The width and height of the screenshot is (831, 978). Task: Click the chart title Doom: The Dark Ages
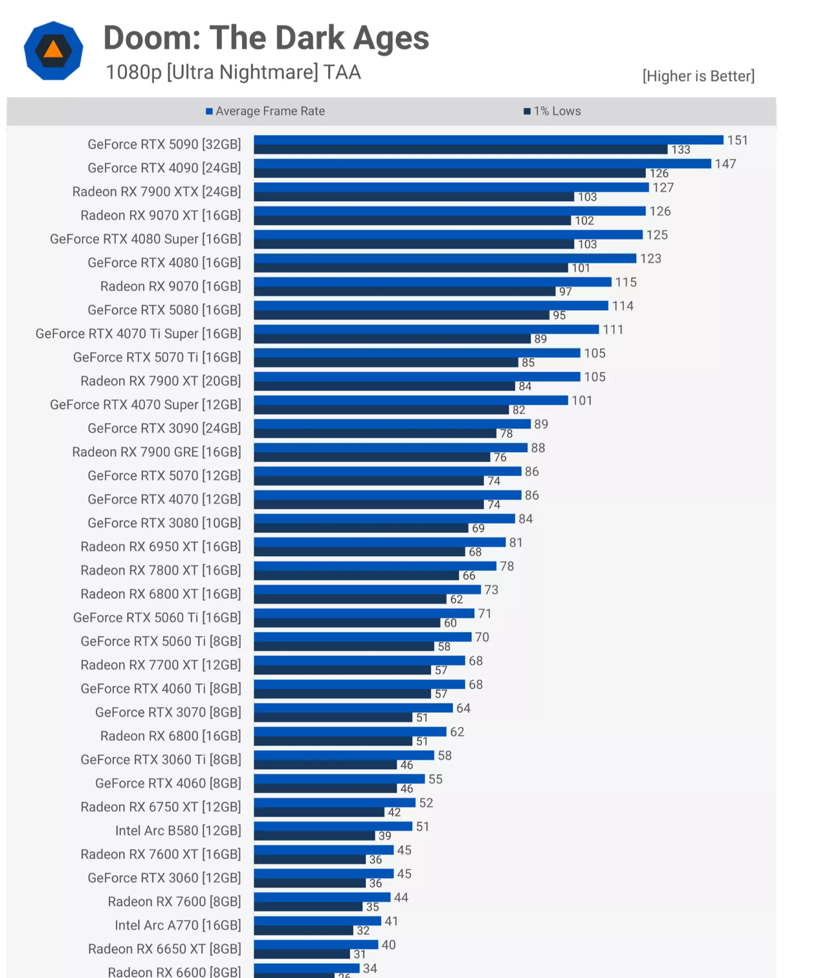point(266,38)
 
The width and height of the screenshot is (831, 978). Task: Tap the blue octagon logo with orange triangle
point(54,50)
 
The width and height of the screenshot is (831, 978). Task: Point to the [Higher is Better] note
point(698,76)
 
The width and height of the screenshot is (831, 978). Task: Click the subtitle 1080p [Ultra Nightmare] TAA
point(233,72)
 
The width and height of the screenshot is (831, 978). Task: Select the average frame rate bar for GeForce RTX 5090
point(488,140)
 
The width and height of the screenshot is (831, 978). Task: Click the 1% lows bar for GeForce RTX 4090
point(450,173)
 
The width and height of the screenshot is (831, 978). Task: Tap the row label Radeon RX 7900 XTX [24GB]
point(157,191)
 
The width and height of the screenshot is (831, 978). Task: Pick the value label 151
point(737,140)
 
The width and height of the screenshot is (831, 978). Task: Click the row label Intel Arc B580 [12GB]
point(178,831)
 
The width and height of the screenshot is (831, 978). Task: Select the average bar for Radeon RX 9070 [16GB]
point(432,282)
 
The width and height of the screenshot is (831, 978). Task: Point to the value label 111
point(613,330)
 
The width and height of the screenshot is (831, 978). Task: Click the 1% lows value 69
point(478,528)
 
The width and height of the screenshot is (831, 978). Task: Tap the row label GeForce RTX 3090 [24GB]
point(164,428)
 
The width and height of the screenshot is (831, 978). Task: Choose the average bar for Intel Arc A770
point(317,920)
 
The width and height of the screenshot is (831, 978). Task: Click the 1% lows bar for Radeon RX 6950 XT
point(359,552)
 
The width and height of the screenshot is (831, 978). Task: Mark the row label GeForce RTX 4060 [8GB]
point(168,783)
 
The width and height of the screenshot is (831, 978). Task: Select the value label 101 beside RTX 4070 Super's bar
point(582,401)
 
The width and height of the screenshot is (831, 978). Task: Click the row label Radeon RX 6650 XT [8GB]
point(164,949)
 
